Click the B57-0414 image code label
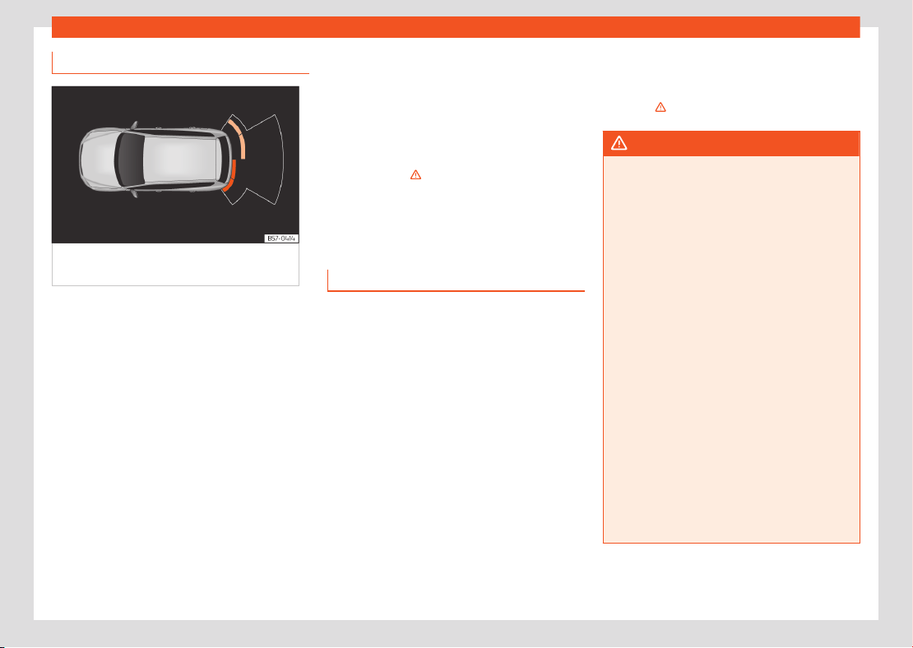tap(281, 238)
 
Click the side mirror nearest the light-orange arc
tap(134, 125)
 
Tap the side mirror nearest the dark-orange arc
tap(134, 192)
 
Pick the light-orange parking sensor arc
tap(238, 137)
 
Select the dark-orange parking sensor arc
tap(230, 177)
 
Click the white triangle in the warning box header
tap(619, 143)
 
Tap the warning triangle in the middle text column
tap(415, 174)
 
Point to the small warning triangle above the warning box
tap(660, 107)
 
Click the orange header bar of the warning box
tap(731, 143)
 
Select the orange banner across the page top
tap(456, 27)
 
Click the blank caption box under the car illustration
tap(175, 264)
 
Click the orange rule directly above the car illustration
tap(180, 73)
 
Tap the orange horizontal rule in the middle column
tap(456, 290)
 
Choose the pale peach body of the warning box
tap(731, 349)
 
